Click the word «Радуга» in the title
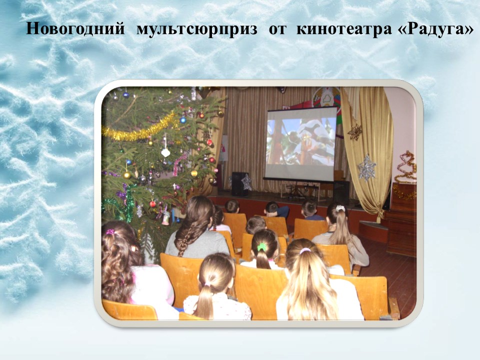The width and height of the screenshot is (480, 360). (x=435, y=29)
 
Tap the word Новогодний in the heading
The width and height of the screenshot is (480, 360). (x=75, y=29)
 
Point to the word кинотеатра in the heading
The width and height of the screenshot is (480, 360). (x=344, y=29)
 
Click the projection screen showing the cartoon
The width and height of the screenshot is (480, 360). (x=300, y=144)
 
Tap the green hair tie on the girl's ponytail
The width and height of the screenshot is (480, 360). (x=261, y=246)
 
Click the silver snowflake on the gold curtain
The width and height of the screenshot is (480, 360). (x=366, y=167)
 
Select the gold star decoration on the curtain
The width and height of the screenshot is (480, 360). (x=355, y=132)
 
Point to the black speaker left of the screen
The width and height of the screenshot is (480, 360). (x=239, y=184)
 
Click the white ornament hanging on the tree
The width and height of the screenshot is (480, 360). (x=165, y=152)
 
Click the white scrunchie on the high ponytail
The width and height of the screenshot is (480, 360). (x=340, y=208)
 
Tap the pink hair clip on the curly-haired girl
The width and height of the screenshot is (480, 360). (x=110, y=231)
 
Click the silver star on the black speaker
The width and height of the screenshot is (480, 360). (x=246, y=182)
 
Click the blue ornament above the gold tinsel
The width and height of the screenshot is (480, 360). (x=183, y=120)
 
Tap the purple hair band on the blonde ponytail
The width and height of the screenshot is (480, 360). (x=305, y=251)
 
